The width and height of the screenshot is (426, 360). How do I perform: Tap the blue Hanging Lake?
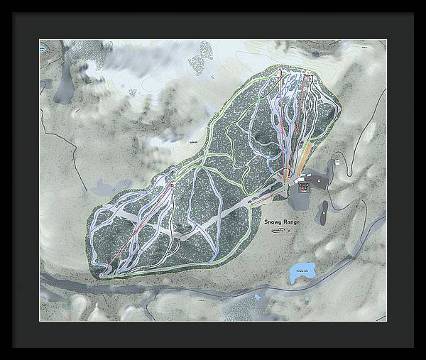click(300, 271)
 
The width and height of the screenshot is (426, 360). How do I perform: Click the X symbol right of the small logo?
click(290, 231)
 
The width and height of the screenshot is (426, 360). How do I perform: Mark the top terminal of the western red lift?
click(172, 186)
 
